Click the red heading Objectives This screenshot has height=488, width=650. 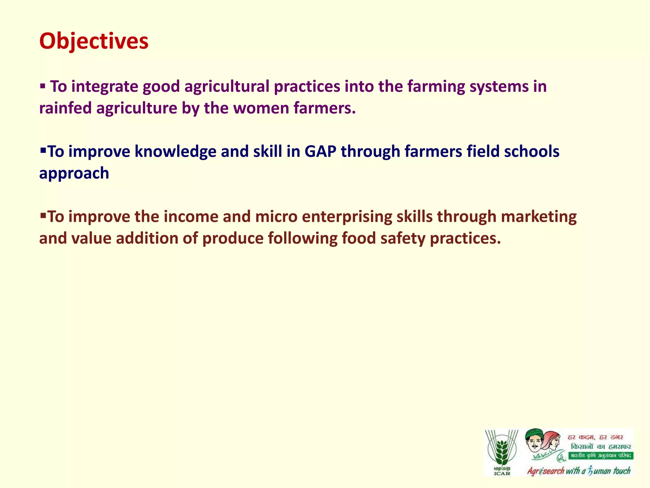point(94,41)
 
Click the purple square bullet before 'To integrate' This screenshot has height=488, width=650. point(43,86)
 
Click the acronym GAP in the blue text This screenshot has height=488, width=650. point(320,152)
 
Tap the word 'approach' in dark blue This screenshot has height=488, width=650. point(74,173)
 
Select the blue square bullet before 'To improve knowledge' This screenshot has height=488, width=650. point(43,149)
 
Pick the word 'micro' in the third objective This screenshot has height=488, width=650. point(276,217)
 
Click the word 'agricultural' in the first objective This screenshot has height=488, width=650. point(227,87)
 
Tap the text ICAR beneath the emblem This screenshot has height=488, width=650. point(502,473)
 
